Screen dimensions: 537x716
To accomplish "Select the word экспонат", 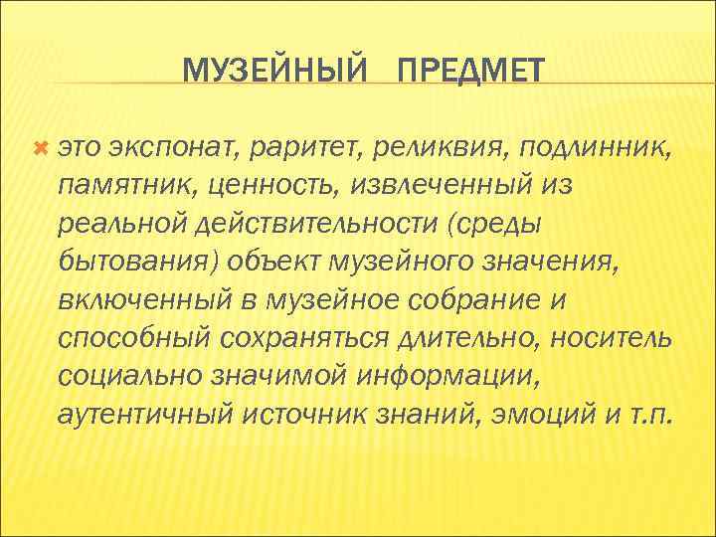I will [166, 149].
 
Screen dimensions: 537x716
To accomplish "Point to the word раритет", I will [299, 149].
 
